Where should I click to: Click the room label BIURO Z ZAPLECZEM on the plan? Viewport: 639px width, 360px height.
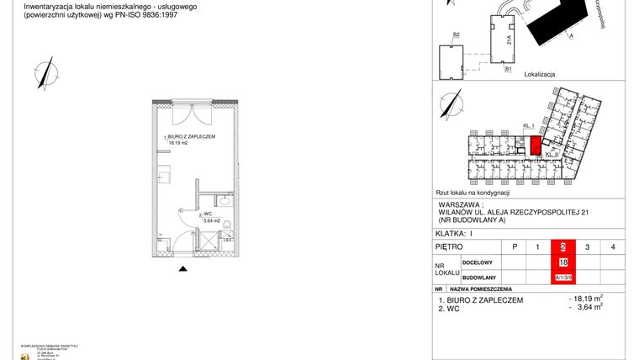click(x=193, y=136)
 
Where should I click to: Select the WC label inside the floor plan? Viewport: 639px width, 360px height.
click(x=206, y=214)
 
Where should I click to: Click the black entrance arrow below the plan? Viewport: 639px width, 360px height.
click(x=183, y=269)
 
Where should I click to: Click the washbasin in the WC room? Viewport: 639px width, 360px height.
click(x=224, y=202)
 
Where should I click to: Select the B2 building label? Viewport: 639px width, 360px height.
click(x=457, y=34)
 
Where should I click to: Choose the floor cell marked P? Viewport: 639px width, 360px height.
click(x=513, y=246)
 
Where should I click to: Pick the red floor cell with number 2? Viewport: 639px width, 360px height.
click(x=562, y=246)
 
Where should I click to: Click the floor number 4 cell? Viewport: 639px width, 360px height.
click(x=613, y=246)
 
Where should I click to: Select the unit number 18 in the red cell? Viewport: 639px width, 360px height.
click(x=562, y=262)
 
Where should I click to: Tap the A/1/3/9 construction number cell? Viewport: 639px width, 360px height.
click(x=562, y=277)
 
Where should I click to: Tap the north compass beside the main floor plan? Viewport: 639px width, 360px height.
click(x=45, y=71)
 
